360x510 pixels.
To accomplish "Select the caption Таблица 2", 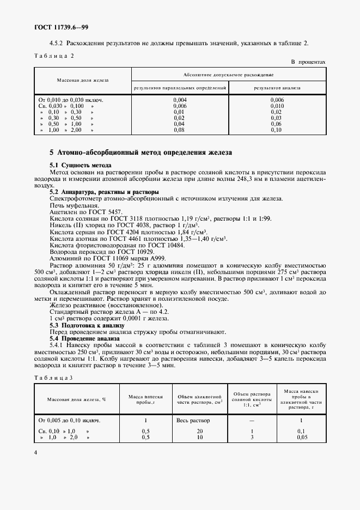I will pyautogui.click(x=54, y=56).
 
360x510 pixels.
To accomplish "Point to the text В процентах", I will pyautogui.click(x=308, y=62).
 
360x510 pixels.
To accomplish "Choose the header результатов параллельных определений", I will pyautogui.click(x=180, y=87).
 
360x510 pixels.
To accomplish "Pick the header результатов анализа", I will pyautogui.click(x=277, y=87).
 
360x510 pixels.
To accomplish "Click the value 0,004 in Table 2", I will pyautogui.click(x=180, y=100).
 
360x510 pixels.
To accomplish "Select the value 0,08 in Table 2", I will pyautogui.click(x=180, y=130).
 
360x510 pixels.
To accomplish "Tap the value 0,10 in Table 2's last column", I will pyautogui.click(x=276, y=130).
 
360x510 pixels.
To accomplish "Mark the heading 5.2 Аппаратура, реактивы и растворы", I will pyautogui.click(x=104, y=192).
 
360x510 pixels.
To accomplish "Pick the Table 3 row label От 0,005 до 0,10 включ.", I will pyautogui.click(x=69, y=420).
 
